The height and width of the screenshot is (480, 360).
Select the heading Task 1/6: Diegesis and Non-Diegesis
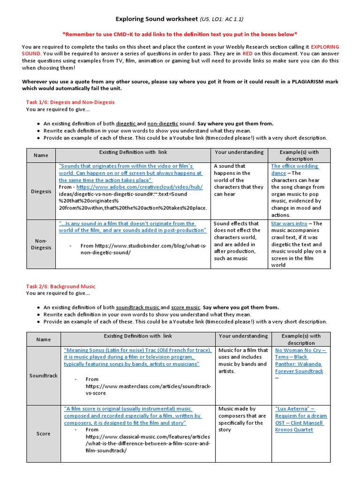pyautogui.click(x=70, y=102)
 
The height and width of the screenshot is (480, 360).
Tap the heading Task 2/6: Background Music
pyautogui.click(x=60, y=286)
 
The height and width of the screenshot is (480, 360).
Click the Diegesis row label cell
pyautogui.click(x=41, y=191)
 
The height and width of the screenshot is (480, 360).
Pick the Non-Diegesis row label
pyautogui.click(x=41, y=244)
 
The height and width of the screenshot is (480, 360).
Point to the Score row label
pyautogui.click(x=43, y=434)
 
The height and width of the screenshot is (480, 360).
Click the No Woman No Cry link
pyautogui.click(x=300, y=350)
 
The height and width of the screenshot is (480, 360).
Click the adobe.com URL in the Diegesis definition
pyautogui.click(x=136, y=187)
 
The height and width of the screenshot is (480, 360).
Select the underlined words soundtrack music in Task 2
pyautogui.click(x=138, y=307)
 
